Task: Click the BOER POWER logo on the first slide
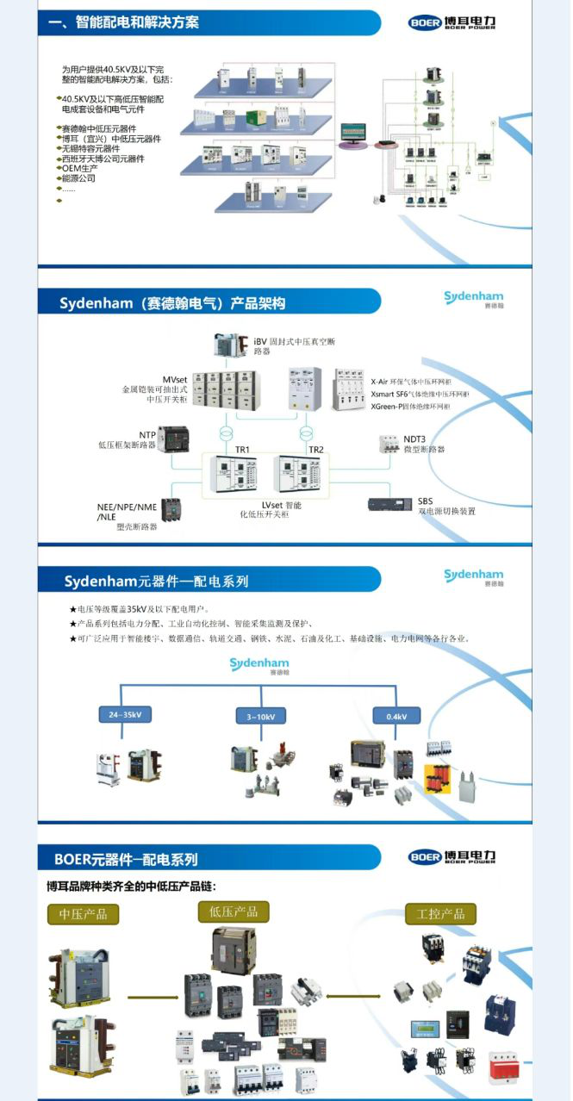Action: pyautogui.click(x=452, y=22)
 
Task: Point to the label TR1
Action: pyautogui.click(x=242, y=450)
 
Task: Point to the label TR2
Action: pyautogui.click(x=316, y=450)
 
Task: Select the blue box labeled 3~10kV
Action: pyautogui.click(x=260, y=716)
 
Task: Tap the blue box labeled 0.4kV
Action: pyautogui.click(x=395, y=715)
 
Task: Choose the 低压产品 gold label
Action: pyautogui.click(x=234, y=911)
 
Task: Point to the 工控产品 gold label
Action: pyautogui.click(x=440, y=914)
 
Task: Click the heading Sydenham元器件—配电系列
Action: pyautogui.click(x=156, y=581)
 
